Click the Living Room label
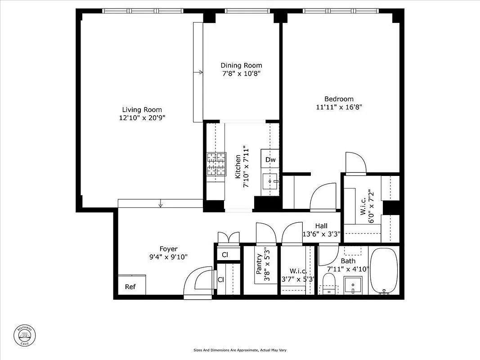click(142, 110)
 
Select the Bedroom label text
click(339, 99)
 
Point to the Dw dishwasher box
click(270, 160)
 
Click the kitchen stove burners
click(216, 164)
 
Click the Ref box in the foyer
click(130, 287)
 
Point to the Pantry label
click(259, 265)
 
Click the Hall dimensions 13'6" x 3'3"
click(321, 234)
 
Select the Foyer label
click(169, 249)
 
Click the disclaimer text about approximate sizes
click(240, 350)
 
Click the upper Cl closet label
click(225, 255)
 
